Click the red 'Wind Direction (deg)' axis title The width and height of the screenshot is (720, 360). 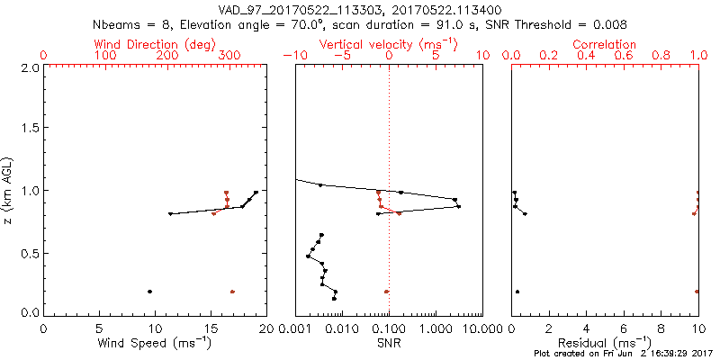[x=155, y=44]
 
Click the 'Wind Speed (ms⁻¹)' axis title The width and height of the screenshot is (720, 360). [x=155, y=344]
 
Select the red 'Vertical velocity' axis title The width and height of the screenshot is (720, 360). [x=388, y=44]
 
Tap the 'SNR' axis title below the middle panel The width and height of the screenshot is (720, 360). [x=388, y=344]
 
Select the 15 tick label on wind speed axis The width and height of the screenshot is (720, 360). [x=211, y=328]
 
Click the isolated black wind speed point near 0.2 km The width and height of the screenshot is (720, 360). [x=149, y=292]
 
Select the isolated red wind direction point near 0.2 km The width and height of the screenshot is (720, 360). [x=232, y=292]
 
